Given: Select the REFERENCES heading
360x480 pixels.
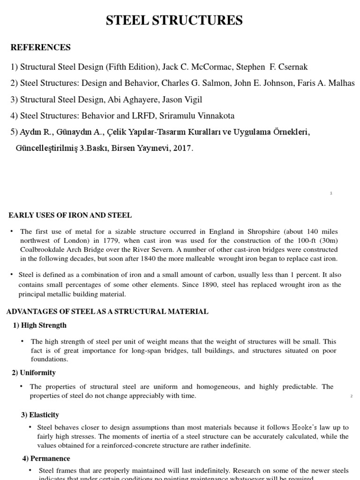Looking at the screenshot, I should click(40, 47).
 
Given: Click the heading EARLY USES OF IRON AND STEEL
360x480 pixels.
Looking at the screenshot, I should click(70, 215).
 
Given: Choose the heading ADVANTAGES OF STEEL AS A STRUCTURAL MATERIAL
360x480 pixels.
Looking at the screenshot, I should click(107, 312).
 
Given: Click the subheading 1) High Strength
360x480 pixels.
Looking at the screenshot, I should click(40, 325).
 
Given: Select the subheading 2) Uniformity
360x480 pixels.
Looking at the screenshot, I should click(34, 373).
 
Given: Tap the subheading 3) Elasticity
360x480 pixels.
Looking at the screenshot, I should click(40, 415).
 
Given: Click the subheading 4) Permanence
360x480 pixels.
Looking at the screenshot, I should click(46, 458).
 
